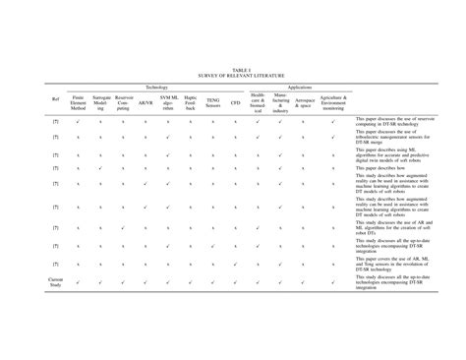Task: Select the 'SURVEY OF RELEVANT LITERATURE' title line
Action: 233,76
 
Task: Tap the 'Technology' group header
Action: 156,88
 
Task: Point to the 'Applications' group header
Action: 299,88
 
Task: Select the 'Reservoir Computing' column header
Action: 124,102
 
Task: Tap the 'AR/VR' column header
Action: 146,102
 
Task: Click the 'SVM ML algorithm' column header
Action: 168,102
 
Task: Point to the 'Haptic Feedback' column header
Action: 191,102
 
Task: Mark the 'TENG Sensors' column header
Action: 213,102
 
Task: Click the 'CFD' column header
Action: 235,102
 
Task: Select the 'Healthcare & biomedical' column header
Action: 258,104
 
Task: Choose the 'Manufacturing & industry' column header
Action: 281,104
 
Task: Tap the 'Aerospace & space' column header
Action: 305,102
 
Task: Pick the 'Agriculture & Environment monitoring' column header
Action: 333,102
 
